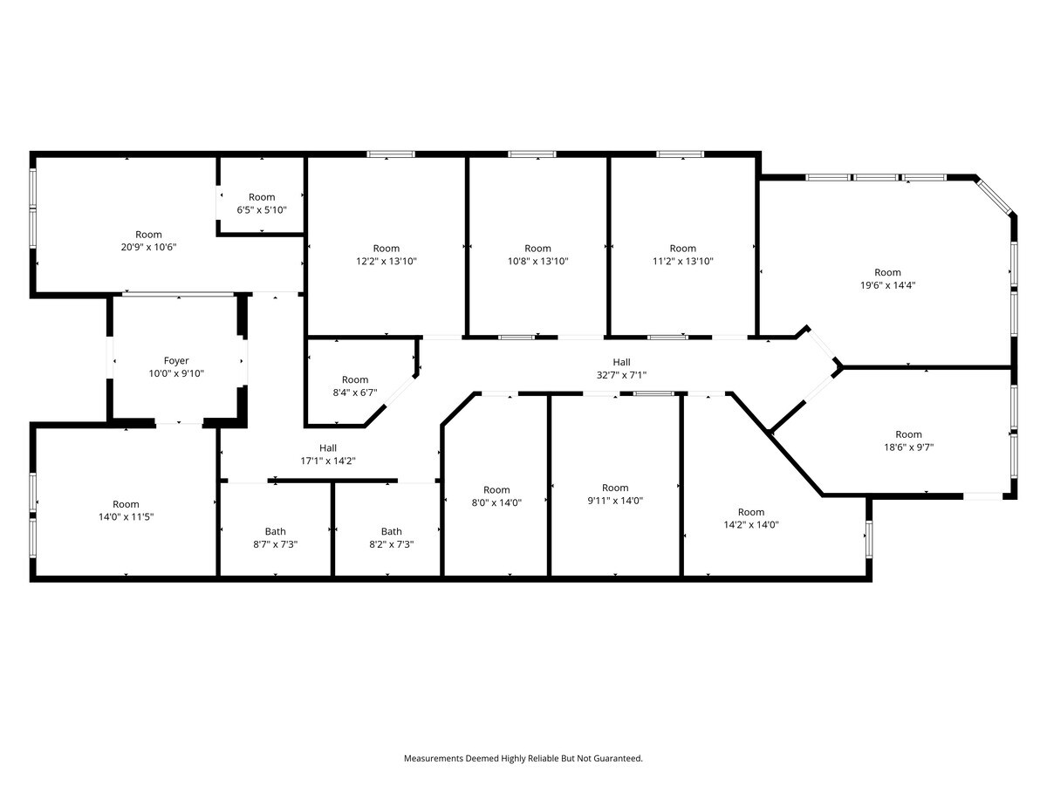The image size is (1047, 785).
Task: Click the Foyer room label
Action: (x=176, y=360)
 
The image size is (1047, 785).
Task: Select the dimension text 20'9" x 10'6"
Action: (x=148, y=247)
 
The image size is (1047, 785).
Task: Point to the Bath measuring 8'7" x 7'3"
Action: (x=275, y=537)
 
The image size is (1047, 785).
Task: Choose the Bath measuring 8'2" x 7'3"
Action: (x=391, y=537)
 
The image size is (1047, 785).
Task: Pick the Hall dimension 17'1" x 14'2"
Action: (x=327, y=461)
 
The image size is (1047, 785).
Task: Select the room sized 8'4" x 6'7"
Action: (x=354, y=386)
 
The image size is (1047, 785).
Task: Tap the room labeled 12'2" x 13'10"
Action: (x=386, y=255)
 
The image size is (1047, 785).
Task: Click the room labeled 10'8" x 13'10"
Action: (x=537, y=255)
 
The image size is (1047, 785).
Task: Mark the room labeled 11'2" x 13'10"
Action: (x=682, y=255)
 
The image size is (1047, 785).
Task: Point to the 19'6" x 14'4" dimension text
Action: (x=887, y=284)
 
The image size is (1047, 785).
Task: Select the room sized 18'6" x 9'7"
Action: (x=907, y=440)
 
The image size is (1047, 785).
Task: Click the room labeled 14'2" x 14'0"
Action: (x=750, y=518)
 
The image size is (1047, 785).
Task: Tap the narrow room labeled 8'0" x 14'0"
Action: (x=496, y=495)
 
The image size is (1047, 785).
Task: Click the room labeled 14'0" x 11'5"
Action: (x=126, y=510)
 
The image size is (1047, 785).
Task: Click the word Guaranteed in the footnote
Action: (x=617, y=759)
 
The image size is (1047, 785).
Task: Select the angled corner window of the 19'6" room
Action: (x=995, y=196)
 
